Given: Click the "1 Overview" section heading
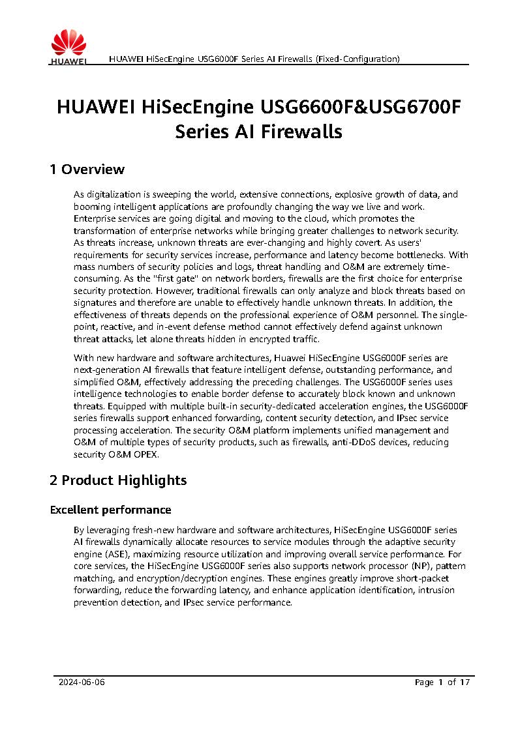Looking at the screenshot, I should click(87, 170).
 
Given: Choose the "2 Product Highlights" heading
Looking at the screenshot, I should click(118, 480).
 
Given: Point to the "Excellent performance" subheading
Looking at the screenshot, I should click(110, 510).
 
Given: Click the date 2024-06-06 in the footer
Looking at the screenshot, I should click(82, 682).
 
